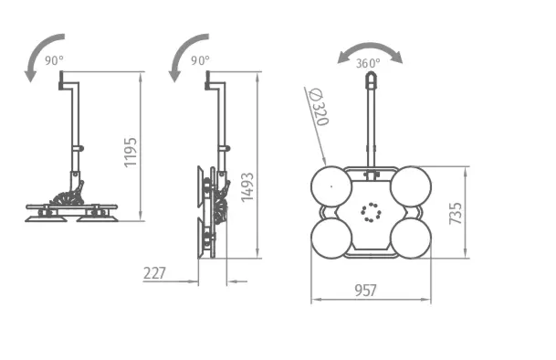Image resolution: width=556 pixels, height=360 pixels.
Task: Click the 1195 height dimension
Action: click(131, 152)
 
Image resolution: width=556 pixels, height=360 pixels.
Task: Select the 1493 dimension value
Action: click(247, 187)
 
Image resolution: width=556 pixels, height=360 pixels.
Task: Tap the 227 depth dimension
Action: click(154, 273)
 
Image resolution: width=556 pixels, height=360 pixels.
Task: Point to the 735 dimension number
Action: click(456, 214)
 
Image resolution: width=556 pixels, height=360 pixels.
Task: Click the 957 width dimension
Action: click(365, 291)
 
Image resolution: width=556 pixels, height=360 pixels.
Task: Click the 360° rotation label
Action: click(368, 63)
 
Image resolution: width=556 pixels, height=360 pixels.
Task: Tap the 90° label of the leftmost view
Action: click(54, 60)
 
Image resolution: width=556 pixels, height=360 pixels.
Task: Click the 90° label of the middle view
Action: click(200, 60)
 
